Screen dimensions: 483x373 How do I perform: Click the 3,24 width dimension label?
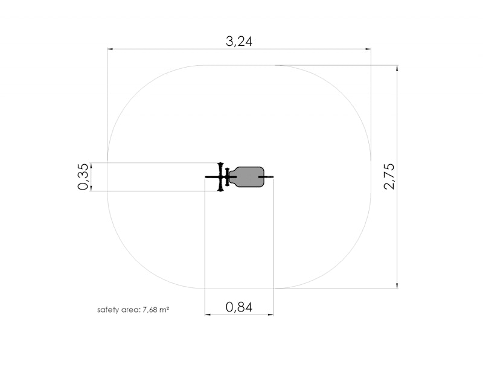pyautogui.click(x=239, y=41)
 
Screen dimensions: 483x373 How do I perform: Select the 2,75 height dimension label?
pyautogui.click(x=389, y=176)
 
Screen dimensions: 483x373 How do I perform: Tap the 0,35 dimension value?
pyautogui.click(x=83, y=177)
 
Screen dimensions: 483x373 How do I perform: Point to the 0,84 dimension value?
pyautogui.click(x=239, y=307)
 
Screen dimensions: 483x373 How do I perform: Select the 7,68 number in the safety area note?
pyautogui.click(x=149, y=310)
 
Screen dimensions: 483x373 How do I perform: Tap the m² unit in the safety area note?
pyautogui.click(x=163, y=310)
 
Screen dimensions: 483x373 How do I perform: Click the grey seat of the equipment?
pyautogui.click(x=249, y=177)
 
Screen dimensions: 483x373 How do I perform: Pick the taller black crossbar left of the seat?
pyautogui.click(x=220, y=177)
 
